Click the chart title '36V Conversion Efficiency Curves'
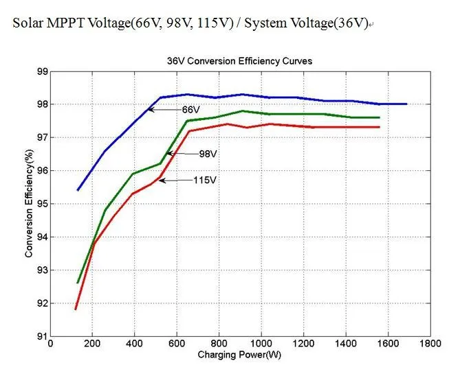[240, 61]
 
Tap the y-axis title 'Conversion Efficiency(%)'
[29, 204]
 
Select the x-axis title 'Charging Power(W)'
[239, 355]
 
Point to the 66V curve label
[190, 110]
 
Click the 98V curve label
[208, 154]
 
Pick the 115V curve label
[204, 180]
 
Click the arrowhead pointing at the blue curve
[150, 110]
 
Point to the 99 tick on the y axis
[42, 71]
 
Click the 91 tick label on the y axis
[42, 336]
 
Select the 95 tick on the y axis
[42, 204]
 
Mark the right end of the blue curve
[407, 104]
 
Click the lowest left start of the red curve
[76, 309]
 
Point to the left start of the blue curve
[78, 190]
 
